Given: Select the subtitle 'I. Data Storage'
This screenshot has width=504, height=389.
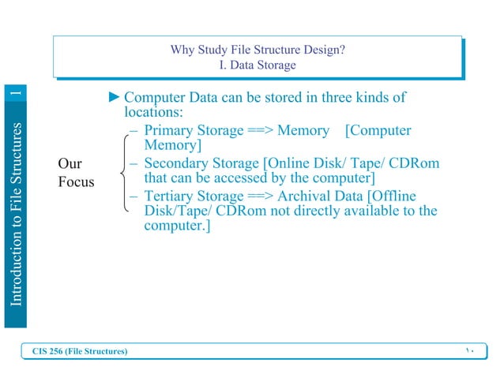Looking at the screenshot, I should [x=257, y=65].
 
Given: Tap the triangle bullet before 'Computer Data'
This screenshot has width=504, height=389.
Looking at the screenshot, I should [x=115, y=98].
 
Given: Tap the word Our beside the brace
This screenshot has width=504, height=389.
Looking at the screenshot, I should [x=70, y=164].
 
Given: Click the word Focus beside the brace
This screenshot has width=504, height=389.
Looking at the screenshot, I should [x=77, y=182].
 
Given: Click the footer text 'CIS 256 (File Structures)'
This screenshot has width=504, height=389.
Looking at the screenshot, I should [x=79, y=350].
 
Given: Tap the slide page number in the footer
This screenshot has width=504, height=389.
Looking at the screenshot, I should [x=468, y=350].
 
